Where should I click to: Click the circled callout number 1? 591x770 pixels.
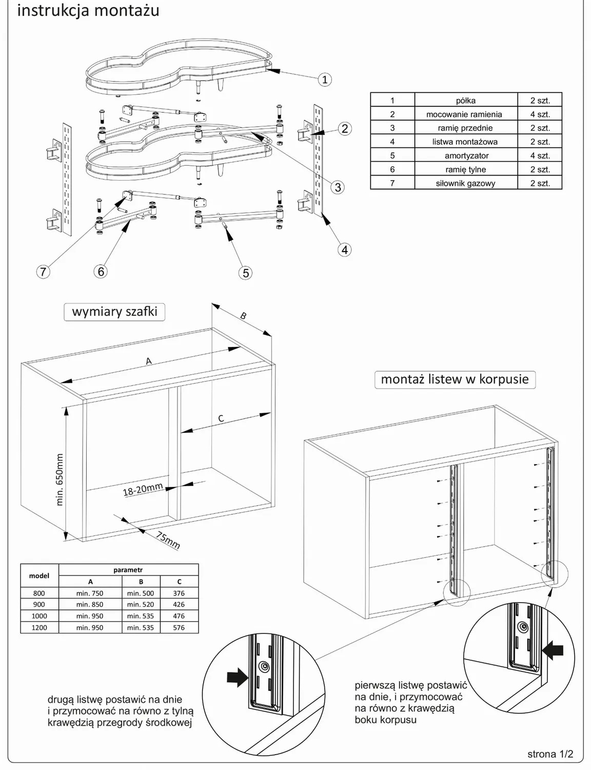tap(324, 80)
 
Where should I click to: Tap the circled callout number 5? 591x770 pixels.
tap(246, 273)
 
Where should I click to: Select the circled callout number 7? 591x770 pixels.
tap(43, 272)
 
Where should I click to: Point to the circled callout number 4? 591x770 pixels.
tap(344, 249)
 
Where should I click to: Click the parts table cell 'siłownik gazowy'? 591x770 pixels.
tap(465, 183)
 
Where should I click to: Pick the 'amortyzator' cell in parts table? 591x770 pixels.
tap(466, 156)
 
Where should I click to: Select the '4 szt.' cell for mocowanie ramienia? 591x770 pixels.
tap(540, 114)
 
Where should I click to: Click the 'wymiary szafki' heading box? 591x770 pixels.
tap(114, 312)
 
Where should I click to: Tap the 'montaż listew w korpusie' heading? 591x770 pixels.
tap(455, 379)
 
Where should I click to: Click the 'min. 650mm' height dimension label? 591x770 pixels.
tap(59, 479)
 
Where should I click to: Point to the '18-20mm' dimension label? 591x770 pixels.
tap(143, 490)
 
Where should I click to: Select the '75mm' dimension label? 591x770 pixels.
tap(168, 541)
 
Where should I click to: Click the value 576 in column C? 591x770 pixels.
tap(179, 627)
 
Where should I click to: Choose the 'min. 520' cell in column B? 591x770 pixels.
tap(141, 605)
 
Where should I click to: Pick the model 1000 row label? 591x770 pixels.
tap(39, 616)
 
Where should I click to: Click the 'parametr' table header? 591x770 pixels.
tap(128, 570)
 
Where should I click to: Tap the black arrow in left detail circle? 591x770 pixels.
tap(237, 678)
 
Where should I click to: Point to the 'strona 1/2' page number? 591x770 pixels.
tap(550, 754)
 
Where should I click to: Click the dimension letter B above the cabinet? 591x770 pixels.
tap(243, 316)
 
